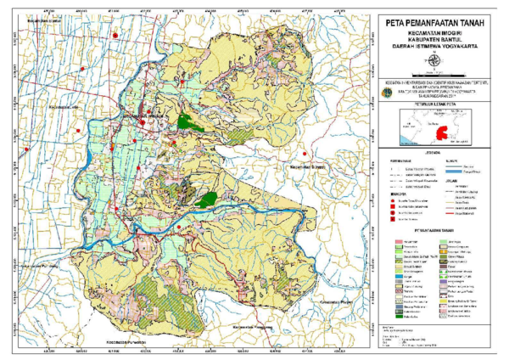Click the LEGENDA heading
(x=433, y=154)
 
